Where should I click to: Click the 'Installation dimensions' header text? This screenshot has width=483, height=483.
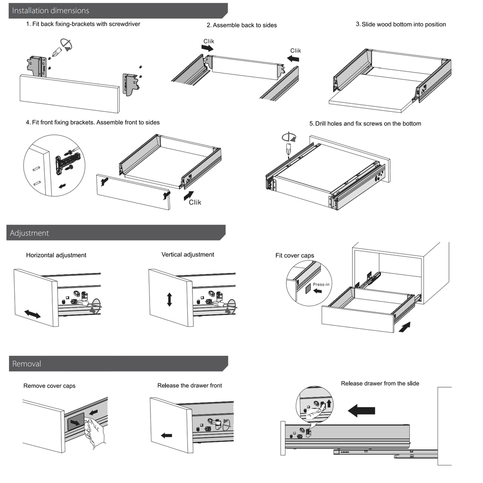(50, 10)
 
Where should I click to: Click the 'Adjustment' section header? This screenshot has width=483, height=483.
(29, 233)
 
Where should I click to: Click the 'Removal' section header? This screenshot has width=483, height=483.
(26, 364)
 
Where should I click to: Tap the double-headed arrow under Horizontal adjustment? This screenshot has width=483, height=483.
(33, 314)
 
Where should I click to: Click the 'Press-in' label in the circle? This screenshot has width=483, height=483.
(321, 284)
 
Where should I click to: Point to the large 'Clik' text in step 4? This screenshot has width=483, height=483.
(195, 202)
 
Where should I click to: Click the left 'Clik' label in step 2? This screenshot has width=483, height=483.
(208, 42)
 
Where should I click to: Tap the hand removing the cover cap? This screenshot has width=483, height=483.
(95, 431)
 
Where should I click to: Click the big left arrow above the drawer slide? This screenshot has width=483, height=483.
(361, 411)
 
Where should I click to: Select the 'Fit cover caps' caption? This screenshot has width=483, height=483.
(294, 256)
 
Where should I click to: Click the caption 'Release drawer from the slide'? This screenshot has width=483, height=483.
(380, 383)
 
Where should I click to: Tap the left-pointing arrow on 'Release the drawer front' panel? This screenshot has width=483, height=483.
(167, 435)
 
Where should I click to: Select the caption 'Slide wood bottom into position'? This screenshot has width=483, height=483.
(403, 25)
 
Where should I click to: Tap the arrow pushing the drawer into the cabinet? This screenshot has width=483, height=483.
(404, 326)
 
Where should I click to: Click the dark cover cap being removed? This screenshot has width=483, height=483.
(76, 421)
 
